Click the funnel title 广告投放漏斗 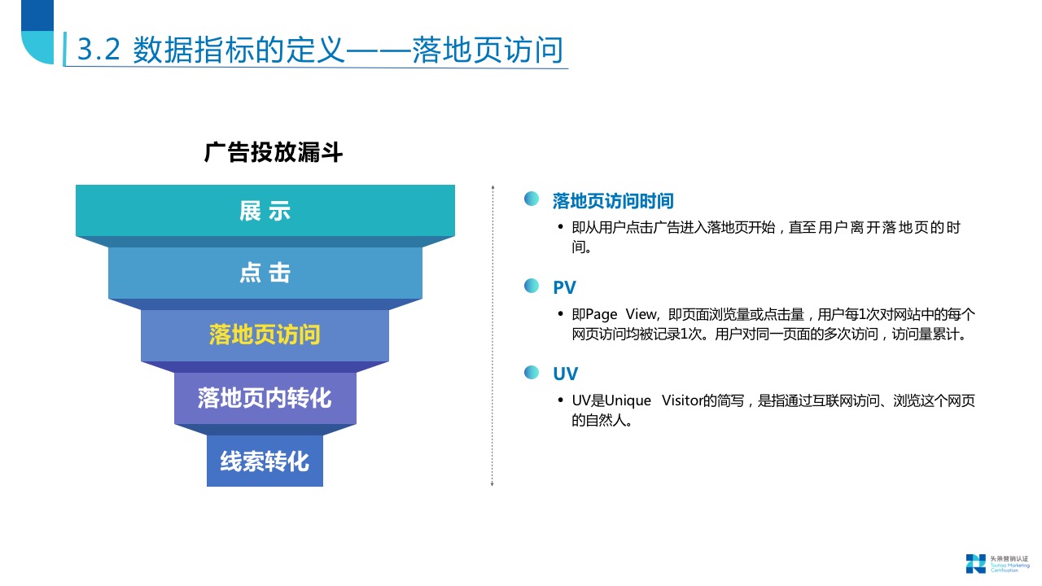tap(274, 152)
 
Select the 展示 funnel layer tap(265, 211)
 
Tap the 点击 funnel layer tap(265, 273)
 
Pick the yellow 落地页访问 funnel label tap(265, 335)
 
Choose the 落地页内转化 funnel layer tap(265, 398)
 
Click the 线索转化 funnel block tap(265, 461)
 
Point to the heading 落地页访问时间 tap(613, 201)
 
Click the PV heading tap(564, 287)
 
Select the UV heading tap(565, 374)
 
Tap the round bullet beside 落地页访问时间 tap(532, 199)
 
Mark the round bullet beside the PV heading tap(532, 286)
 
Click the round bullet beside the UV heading tap(532, 372)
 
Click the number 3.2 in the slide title tap(99, 50)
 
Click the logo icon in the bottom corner tap(975, 562)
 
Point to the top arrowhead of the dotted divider tap(492, 188)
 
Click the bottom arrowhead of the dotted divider tap(492, 485)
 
